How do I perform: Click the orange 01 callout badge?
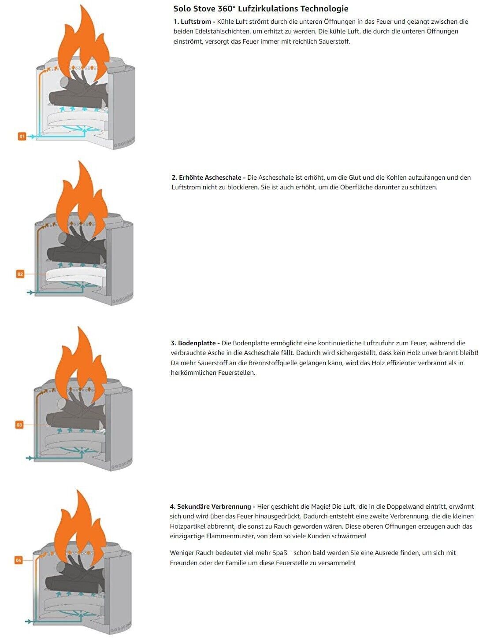click(22, 136)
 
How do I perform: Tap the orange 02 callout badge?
click(20, 274)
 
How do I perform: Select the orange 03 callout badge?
click(19, 425)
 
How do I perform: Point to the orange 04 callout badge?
click(19, 560)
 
